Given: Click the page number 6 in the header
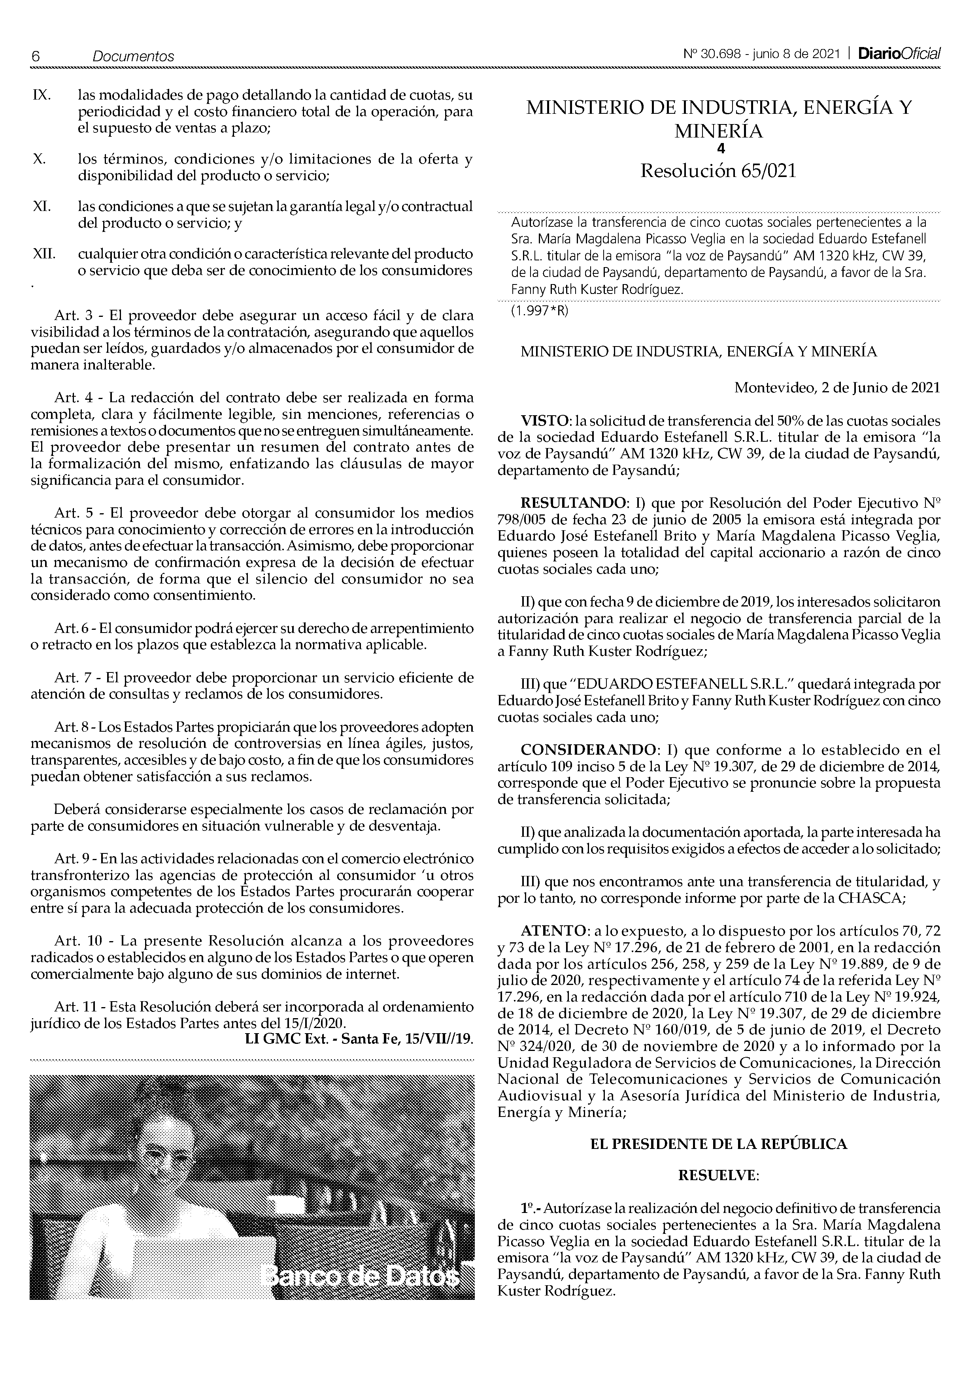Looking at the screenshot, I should (35, 56).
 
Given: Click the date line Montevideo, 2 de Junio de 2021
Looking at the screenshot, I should (836, 388).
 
